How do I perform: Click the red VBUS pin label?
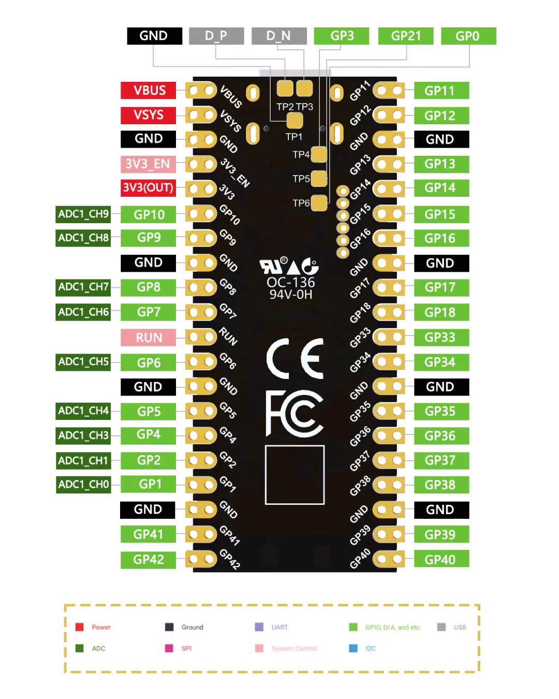[x=148, y=90]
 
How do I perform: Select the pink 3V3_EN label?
[x=148, y=164]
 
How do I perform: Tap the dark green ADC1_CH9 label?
[x=83, y=214]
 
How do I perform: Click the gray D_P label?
[x=216, y=36]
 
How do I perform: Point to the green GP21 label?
[x=406, y=36]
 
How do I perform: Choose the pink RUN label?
[x=148, y=338]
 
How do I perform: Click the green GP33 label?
[x=442, y=338]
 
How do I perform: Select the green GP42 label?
[x=148, y=560]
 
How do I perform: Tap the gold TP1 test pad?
[x=295, y=121]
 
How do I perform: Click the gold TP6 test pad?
[x=319, y=203]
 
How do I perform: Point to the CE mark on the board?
[x=295, y=359]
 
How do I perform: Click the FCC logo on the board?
[x=295, y=413]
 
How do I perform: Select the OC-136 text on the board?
[x=291, y=283]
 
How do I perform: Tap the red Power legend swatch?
[x=80, y=627]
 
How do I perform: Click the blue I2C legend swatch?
[x=353, y=648]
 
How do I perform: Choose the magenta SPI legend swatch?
[x=169, y=648]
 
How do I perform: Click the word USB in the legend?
[x=460, y=627]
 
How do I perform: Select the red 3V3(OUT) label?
[x=148, y=188]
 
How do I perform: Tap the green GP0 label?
[x=468, y=36]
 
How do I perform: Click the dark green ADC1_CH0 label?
[x=83, y=484]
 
